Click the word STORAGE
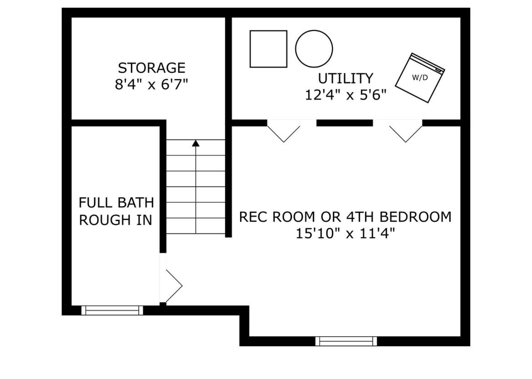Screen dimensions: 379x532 pos(151,68)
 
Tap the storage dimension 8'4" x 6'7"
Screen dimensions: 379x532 pos(151,85)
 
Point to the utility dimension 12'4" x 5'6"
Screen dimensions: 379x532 pos(346,95)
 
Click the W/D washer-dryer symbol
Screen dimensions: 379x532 pos(420,78)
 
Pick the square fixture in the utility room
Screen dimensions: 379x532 pos(268,49)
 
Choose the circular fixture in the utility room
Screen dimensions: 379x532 pos(314,49)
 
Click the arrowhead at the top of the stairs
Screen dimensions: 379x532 pos(196,143)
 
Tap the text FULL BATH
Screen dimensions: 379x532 pos(116,202)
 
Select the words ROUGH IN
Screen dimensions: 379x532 pos(115,220)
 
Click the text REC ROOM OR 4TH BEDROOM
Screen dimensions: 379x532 pos(346,217)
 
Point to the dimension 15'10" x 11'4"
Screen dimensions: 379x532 pos(346,233)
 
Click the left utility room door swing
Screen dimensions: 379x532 pos(284,132)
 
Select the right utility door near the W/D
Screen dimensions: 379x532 pos(406,132)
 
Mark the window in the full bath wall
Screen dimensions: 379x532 pos(112,310)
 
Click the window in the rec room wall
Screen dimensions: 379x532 pos(346,341)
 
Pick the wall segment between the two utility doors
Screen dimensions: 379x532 pos(345,123)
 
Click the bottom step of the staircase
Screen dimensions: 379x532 pos(196,226)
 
